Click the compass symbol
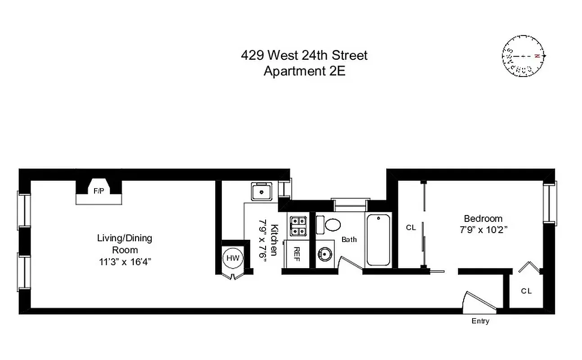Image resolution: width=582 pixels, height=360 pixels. pos(523,56)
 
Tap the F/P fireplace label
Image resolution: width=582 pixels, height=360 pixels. pos(99,191)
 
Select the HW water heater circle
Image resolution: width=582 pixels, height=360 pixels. pos(233,258)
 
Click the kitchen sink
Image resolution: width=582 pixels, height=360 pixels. pos(261,192)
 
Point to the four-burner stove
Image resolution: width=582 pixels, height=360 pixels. pos(298,226)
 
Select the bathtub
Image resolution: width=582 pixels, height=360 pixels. pos(378,239)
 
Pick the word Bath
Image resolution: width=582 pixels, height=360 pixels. pos(349,239)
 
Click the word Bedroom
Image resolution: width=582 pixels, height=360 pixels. pos(483,219)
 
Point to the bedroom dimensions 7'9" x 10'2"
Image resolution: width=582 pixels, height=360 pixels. pos(483,229)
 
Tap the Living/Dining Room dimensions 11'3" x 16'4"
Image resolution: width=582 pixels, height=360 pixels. pos(125,262)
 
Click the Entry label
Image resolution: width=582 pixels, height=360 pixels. pos(480,321)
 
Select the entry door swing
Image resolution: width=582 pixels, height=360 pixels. pos(479,302)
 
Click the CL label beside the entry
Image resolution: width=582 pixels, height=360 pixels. pos(526,291)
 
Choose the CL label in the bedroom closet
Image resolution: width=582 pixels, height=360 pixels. pos(411,228)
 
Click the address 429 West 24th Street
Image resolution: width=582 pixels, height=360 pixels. pos(304,55)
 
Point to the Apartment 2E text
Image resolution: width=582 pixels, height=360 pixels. pos(304,71)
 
